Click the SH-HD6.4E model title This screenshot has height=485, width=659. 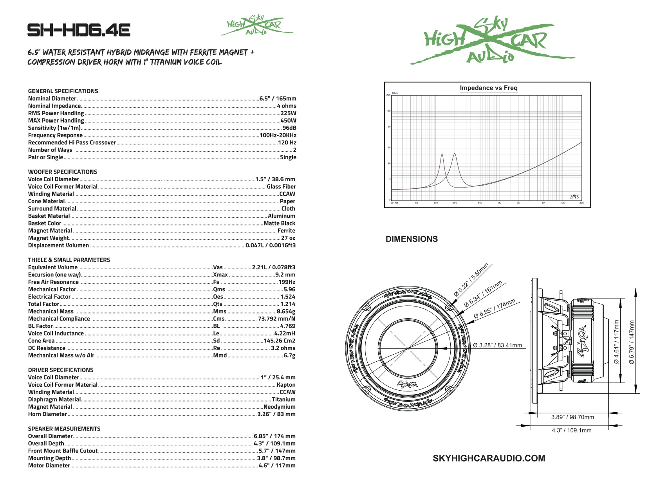click(x=79, y=30)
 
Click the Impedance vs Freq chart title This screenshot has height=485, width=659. click(x=488, y=88)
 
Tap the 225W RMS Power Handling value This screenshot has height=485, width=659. click(x=288, y=113)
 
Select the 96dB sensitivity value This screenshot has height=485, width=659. click(x=289, y=128)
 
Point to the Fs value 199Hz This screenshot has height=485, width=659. click(x=287, y=282)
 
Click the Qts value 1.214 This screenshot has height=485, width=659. click(x=288, y=304)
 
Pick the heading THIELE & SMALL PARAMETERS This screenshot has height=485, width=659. click(x=69, y=260)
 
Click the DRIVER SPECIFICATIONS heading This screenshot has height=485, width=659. click(x=61, y=370)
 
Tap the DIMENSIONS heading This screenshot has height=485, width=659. click(x=412, y=239)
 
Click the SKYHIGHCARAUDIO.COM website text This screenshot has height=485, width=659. click(x=489, y=458)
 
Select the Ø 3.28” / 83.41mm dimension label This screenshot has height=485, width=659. click(x=497, y=345)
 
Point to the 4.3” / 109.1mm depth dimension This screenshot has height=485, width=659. click(x=571, y=430)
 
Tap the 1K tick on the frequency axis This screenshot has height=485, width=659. click(x=499, y=203)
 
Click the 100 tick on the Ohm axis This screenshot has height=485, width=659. click(x=388, y=111)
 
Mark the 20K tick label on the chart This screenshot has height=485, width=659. click(x=581, y=203)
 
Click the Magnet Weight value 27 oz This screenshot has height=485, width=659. click(x=288, y=238)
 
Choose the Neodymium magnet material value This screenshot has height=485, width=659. click(x=279, y=407)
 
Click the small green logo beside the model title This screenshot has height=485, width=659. click(x=256, y=25)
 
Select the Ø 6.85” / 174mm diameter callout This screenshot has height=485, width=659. click(x=495, y=309)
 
